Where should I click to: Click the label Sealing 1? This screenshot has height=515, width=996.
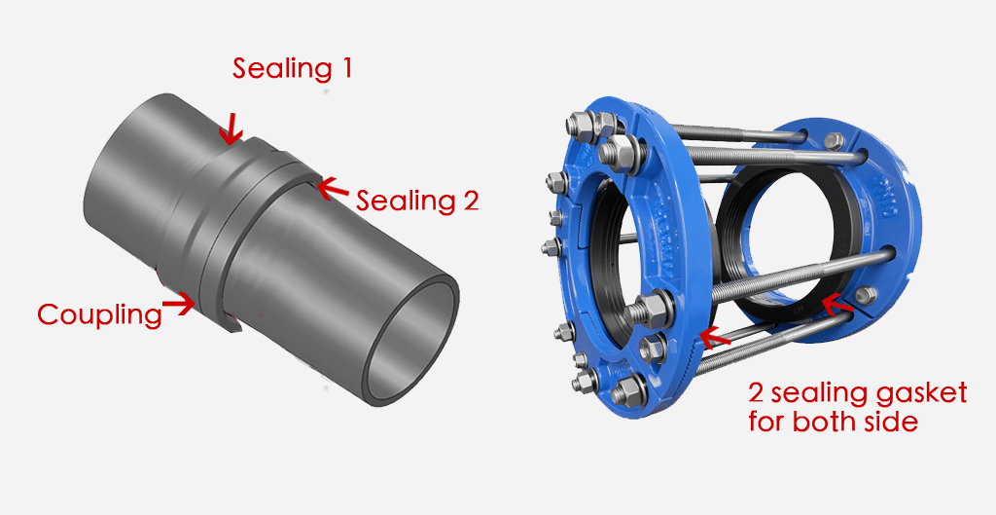coord(292,69)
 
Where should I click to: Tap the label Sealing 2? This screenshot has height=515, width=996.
coord(417,202)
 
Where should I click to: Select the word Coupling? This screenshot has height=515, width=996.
coord(98,314)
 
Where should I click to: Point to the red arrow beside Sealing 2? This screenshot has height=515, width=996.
coord(334,185)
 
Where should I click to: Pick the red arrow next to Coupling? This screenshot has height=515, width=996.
coord(179,306)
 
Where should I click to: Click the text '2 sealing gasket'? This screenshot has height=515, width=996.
coord(857,393)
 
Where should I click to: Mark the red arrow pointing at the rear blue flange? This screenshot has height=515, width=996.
coord(835,305)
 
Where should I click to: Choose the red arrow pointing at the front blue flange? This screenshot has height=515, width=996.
coord(714,337)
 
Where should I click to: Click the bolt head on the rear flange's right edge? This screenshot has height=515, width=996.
coord(865,295)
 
